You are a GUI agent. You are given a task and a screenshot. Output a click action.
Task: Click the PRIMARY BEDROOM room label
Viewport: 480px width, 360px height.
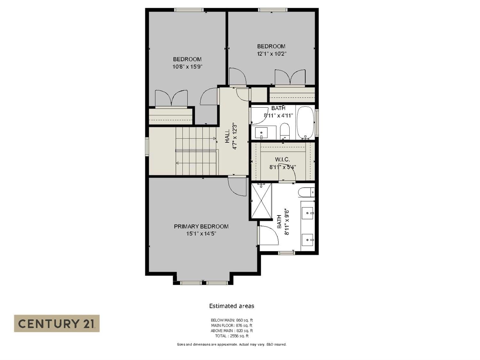coord(201,226)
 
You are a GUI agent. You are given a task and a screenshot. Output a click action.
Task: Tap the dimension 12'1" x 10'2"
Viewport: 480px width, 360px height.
coord(271,53)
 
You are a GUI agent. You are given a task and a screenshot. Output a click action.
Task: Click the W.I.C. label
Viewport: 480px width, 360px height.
coord(283,160)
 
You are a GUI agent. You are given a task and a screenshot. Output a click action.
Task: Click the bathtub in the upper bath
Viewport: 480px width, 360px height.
coord(305,123)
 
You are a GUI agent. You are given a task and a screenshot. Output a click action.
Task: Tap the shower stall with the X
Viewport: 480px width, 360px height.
coord(261,201)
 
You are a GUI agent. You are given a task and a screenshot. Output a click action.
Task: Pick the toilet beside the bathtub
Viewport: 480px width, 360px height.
coord(284,131)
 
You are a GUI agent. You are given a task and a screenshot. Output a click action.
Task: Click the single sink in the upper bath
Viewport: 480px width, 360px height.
coord(261,133)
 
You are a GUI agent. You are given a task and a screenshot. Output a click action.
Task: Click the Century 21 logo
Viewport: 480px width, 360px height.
coord(57,323)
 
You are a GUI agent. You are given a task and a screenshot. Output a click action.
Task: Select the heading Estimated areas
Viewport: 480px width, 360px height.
coord(232,306)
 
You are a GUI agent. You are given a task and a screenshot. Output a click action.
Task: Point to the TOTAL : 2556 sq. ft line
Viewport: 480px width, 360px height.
coord(232,336)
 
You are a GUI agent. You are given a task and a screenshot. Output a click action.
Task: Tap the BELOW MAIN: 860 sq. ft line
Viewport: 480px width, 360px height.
coord(232,320)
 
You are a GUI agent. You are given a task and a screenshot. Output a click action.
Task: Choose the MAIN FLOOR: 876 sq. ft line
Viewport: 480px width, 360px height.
coord(232,325)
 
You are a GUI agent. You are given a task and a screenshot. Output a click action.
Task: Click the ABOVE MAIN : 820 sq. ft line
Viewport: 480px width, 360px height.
coord(232,331)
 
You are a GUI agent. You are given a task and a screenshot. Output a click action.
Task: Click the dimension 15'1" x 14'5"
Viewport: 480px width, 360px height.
coord(201,234)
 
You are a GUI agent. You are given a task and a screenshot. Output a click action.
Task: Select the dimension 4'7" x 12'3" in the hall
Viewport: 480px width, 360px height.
coord(235,136)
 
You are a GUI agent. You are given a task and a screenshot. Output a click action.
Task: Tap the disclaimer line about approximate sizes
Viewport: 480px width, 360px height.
coord(232,344)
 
